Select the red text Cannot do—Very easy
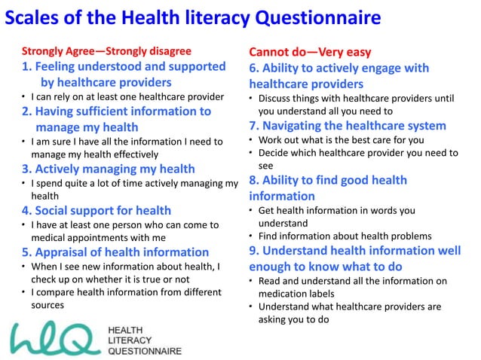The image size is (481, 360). [310, 52]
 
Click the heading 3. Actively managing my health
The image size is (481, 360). [108, 169]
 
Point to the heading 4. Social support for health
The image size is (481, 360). [96, 210]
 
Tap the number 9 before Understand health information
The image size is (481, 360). [253, 250]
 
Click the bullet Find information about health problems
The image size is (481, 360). [355, 236]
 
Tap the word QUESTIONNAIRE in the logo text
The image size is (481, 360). [146, 351]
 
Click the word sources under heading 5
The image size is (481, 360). [47, 306]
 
